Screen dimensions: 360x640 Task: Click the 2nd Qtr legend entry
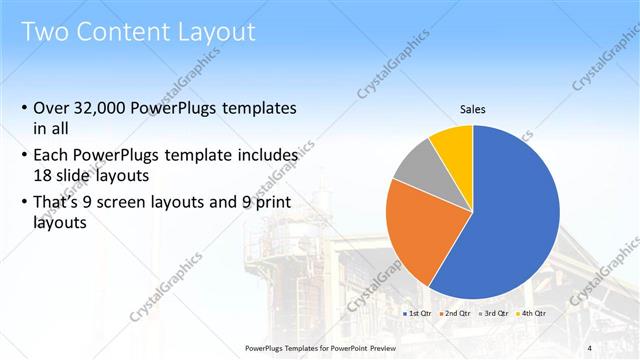[x=455, y=313]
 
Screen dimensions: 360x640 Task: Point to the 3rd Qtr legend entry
[x=493, y=313]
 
